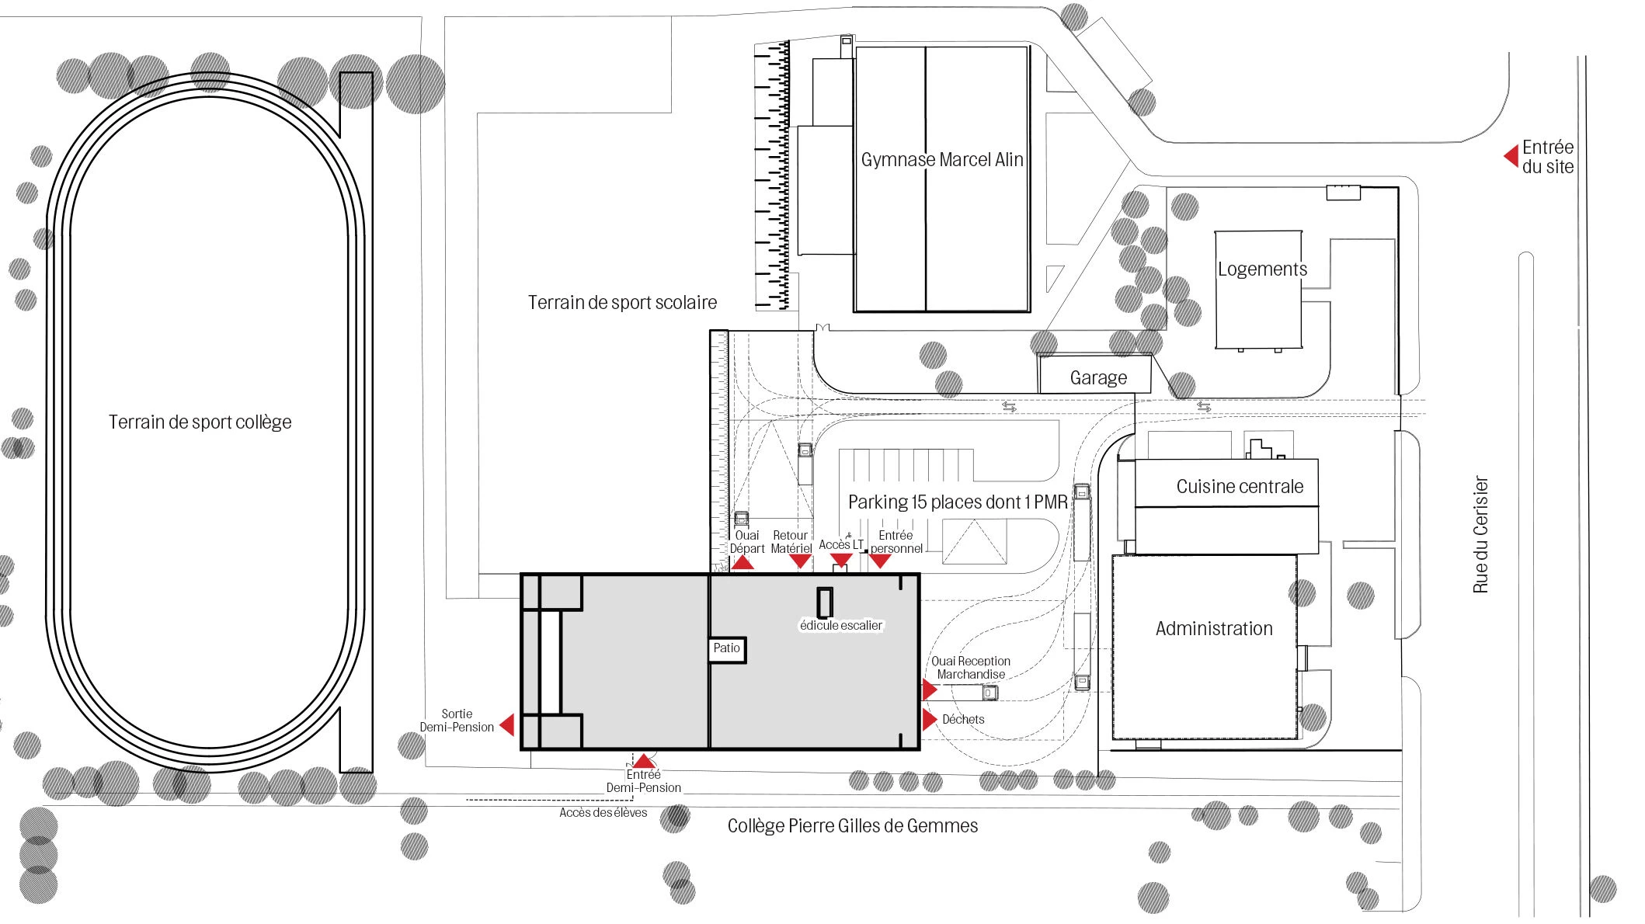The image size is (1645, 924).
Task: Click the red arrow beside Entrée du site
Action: pos(1511,156)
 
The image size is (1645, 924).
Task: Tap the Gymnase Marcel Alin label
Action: pos(941,160)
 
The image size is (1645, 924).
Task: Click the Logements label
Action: pos(1261,269)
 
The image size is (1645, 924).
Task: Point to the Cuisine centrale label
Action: pos(1239,487)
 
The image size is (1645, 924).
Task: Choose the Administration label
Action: pos(1213,629)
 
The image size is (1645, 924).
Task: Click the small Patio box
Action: pos(726,648)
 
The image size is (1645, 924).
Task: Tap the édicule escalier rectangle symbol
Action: pos(825,602)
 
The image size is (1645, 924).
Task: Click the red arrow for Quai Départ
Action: pos(743,562)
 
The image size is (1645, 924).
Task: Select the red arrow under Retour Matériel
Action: pos(800,561)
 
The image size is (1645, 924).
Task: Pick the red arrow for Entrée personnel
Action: pos(880,561)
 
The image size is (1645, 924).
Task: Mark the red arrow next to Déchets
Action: pos(929,719)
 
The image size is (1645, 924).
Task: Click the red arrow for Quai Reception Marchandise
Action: pos(929,689)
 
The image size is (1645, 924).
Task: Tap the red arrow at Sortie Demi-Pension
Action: pos(507,724)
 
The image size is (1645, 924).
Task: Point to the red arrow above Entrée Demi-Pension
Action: pos(643,761)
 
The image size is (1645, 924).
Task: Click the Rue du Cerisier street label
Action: pos(1480,535)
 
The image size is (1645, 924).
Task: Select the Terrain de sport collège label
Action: pos(200,422)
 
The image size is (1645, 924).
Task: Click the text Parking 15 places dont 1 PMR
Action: pos(957,502)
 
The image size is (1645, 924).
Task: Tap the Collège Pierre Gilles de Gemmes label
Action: pos(852,826)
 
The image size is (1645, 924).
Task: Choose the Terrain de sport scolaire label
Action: pos(622,303)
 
